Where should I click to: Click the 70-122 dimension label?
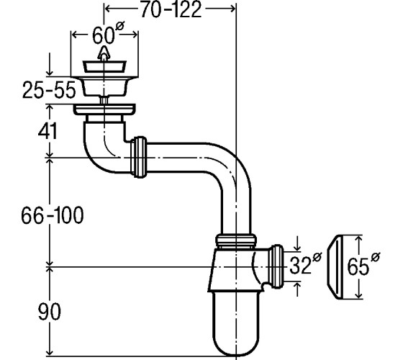171,10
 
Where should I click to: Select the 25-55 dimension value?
49,90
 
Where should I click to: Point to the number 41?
47,131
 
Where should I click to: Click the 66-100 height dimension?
53,215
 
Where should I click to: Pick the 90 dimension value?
50,311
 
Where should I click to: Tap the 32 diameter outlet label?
305,264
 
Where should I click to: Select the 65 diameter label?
363,264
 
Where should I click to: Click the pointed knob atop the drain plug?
104,53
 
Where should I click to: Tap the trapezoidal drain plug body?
104,67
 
